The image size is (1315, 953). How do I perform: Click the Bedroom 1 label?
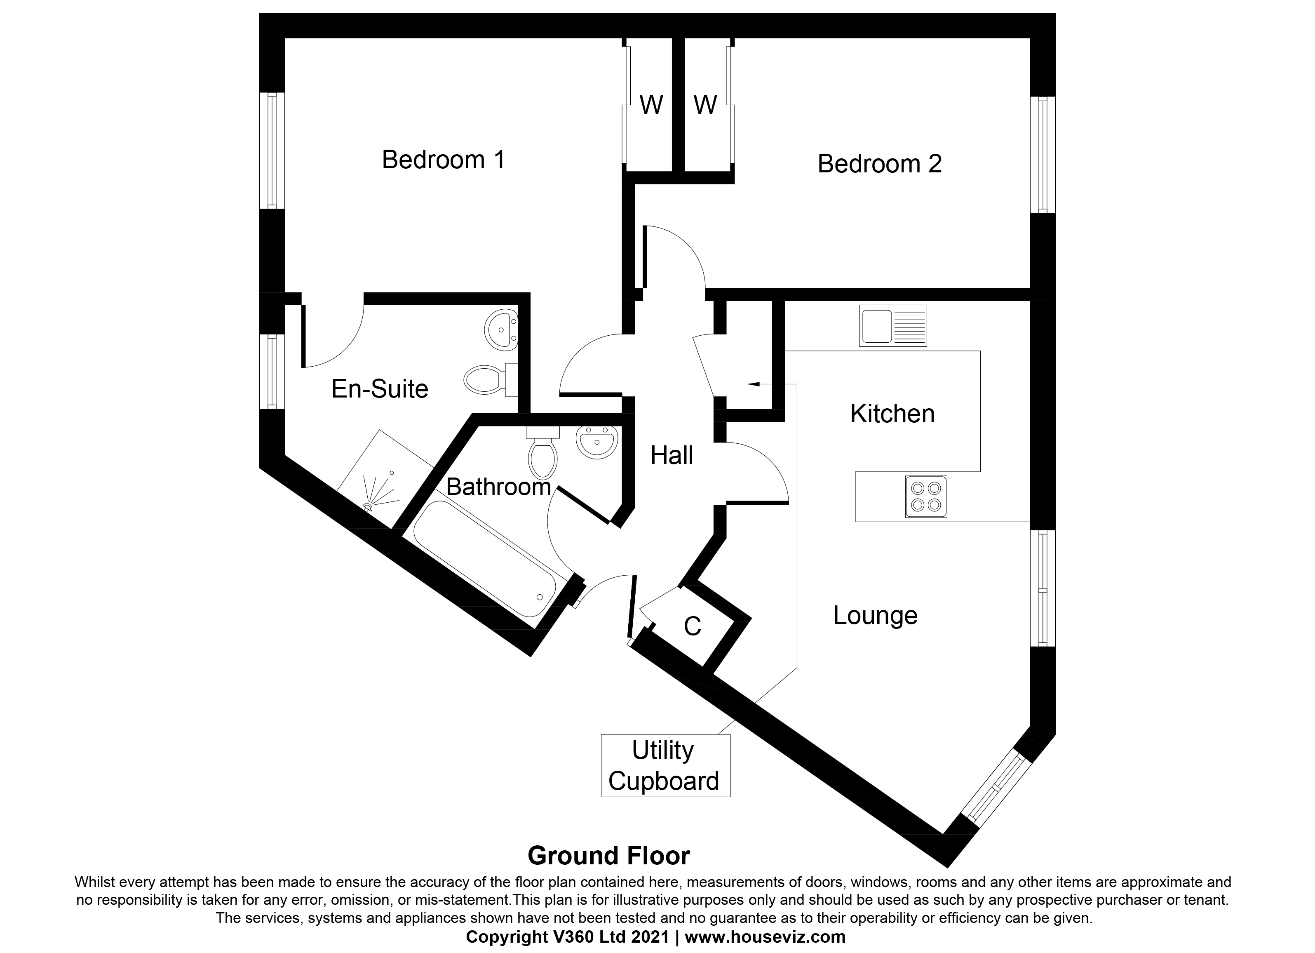coord(444,160)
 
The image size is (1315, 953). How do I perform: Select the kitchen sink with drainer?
coord(893,326)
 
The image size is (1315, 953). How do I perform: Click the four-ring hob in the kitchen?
coord(926,497)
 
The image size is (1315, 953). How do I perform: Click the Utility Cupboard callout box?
coord(665,766)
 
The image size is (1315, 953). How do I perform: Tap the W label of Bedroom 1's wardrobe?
coord(651,105)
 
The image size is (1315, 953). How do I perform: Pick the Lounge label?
coord(875,615)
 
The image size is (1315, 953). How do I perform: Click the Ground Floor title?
coord(609,856)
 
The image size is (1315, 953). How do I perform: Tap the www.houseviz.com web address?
coord(766,937)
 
